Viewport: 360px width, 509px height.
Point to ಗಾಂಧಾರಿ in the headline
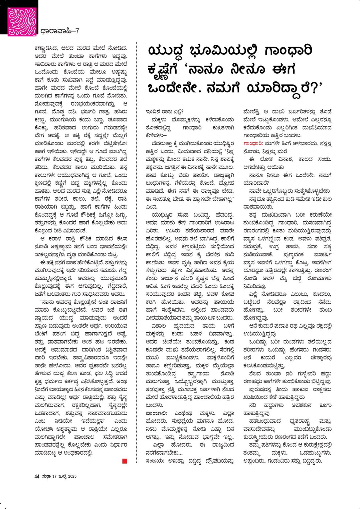288,51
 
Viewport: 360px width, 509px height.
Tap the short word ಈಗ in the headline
284,70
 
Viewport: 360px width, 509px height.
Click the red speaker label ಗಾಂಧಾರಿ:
253,143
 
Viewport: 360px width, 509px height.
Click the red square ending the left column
125,461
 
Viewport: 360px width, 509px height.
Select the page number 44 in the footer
37,476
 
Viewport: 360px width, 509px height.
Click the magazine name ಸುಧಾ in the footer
46,476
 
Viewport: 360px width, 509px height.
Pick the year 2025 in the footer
72,476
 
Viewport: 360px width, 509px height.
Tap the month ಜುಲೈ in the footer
62,476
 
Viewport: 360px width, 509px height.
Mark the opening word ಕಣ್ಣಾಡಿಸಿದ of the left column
48,48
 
